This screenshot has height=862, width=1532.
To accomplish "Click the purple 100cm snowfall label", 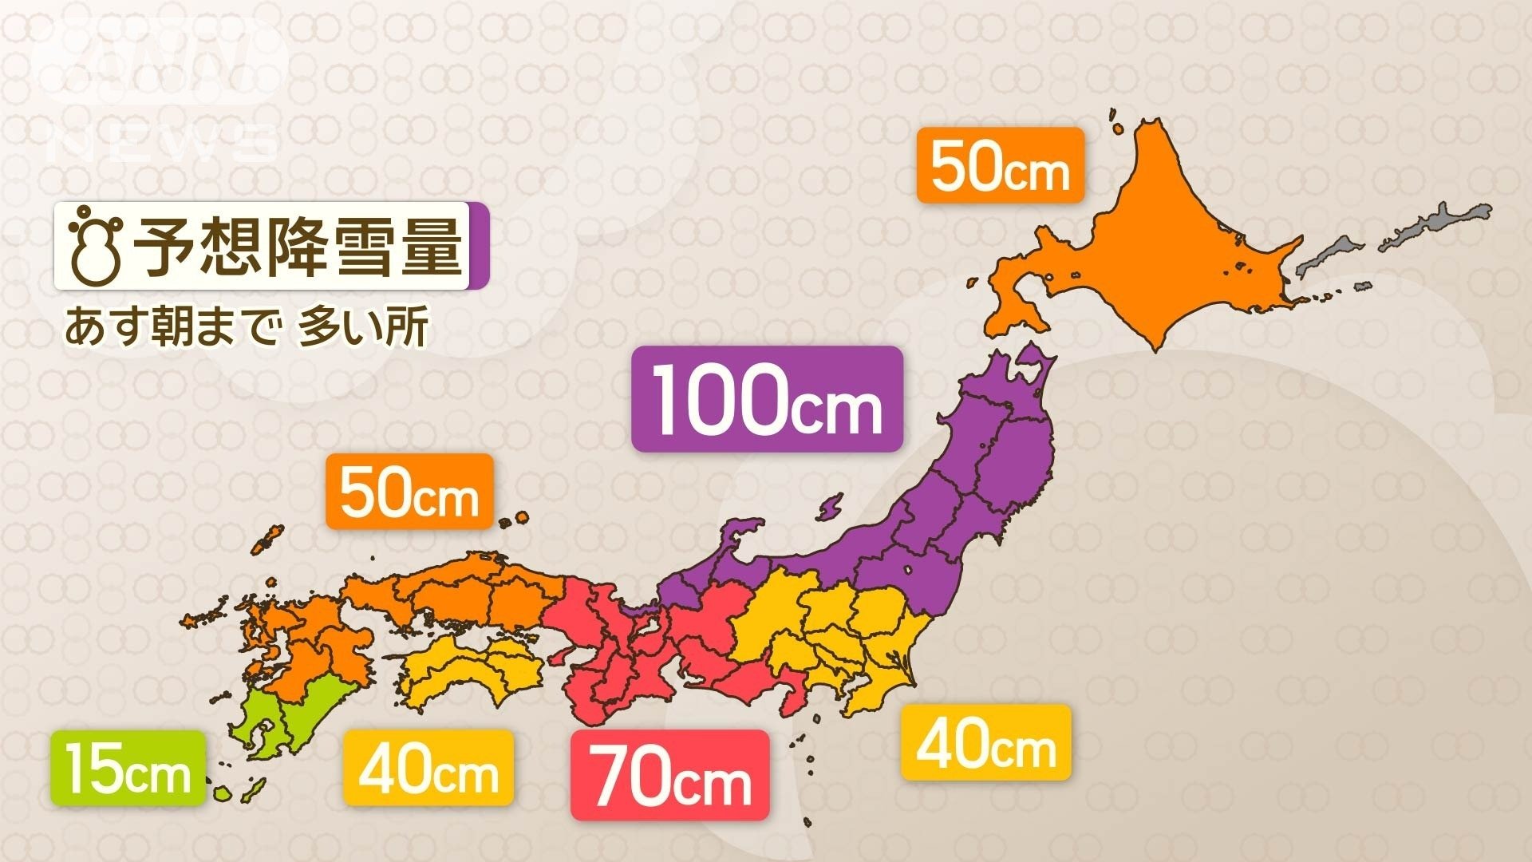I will click(x=767, y=399).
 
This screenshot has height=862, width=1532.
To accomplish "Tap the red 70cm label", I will click(x=670, y=775).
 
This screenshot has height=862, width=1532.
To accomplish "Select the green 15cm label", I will click(x=128, y=768).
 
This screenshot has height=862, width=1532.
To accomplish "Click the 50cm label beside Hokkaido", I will click(x=1001, y=164).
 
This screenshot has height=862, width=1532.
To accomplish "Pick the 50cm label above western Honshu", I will click(x=409, y=491).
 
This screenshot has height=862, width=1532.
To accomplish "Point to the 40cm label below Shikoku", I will click(x=428, y=767).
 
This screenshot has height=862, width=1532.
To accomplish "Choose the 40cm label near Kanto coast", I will click(x=986, y=743).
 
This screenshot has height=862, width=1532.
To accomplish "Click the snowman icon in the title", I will click(x=95, y=247).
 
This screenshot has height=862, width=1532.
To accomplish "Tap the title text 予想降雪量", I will click(x=297, y=246).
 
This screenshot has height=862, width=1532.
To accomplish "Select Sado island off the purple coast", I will click(x=831, y=506).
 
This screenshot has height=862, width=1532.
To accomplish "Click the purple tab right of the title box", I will click(x=478, y=247).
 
